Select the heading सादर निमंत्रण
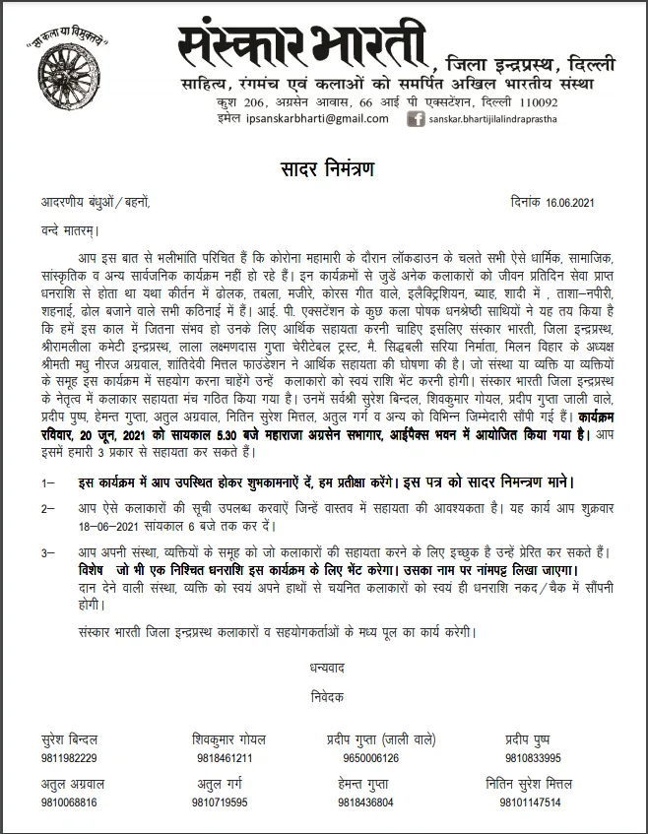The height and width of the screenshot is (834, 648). (323, 169)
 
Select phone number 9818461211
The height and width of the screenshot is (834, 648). (225, 758)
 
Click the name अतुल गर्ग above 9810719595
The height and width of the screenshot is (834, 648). (224, 785)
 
